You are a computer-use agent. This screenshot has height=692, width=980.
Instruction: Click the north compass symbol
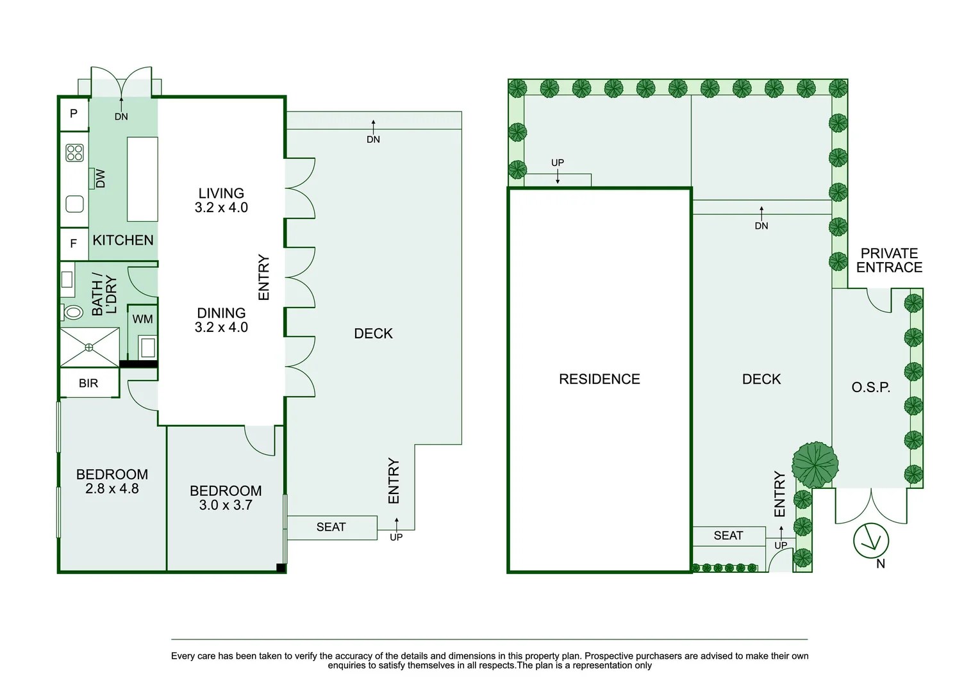[x=871, y=540]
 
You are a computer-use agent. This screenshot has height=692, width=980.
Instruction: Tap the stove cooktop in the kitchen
[x=75, y=152]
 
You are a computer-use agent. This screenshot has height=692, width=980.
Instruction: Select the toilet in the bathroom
[x=73, y=313]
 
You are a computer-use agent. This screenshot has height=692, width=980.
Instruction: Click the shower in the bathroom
[x=89, y=347]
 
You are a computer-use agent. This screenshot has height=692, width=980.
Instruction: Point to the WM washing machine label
[x=142, y=319]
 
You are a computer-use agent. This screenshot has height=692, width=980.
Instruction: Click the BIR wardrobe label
[x=88, y=383]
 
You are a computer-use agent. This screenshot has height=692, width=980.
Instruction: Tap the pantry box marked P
[x=74, y=113]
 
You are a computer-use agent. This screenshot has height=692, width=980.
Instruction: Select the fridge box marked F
[x=74, y=243]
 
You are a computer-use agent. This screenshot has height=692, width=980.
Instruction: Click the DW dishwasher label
[x=100, y=178]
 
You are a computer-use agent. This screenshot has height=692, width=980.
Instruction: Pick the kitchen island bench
[x=142, y=179]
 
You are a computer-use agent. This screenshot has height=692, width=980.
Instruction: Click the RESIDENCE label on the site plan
[x=599, y=379]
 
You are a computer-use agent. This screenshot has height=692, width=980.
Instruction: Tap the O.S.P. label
[x=870, y=387]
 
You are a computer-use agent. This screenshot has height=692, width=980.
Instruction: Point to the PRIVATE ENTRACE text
[x=889, y=261]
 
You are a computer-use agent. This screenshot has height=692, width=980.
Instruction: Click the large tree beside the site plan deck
[x=815, y=464]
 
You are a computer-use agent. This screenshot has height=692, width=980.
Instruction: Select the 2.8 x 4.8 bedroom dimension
[x=112, y=489]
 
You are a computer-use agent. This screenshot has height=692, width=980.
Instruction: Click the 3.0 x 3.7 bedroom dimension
[x=226, y=505]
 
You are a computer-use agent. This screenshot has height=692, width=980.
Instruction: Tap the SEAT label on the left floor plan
[x=331, y=527]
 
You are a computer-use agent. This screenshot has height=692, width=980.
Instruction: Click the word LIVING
[x=221, y=193]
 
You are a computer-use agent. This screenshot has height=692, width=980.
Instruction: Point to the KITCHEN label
[x=123, y=240]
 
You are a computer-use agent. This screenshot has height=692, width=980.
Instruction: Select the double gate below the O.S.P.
[x=871, y=506]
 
